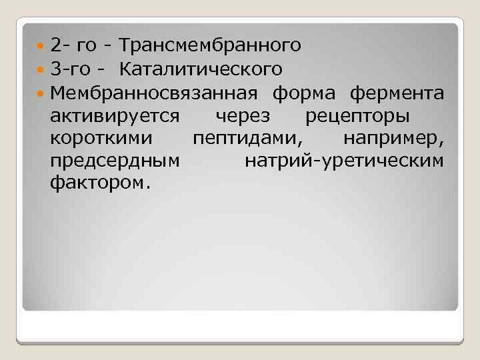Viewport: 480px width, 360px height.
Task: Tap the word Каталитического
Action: (201, 69)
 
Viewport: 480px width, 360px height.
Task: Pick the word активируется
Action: (114, 115)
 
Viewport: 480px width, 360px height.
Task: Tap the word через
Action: (243, 115)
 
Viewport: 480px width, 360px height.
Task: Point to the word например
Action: (394, 139)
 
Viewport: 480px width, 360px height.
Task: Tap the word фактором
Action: (97, 183)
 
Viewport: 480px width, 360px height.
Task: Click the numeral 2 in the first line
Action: (55, 45)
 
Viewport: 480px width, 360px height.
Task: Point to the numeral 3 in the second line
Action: (55, 69)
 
